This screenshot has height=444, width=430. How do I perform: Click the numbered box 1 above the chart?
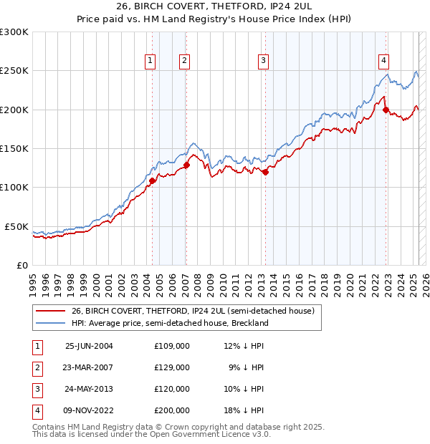point(150,61)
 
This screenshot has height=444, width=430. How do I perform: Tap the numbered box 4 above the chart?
point(384,61)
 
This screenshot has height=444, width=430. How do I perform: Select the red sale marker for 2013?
point(265,172)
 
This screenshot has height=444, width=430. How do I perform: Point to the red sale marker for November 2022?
point(386,110)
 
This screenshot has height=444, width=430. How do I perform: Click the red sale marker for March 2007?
point(186,165)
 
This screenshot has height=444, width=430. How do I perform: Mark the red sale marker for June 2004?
point(152,180)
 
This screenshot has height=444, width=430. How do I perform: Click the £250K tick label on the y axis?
point(14,71)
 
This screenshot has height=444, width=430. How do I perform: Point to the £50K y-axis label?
point(17,226)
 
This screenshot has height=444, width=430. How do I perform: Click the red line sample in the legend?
point(50,312)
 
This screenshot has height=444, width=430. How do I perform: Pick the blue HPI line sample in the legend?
point(50,323)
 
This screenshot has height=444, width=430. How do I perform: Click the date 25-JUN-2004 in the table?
point(89,346)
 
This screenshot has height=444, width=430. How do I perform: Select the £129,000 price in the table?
point(172,367)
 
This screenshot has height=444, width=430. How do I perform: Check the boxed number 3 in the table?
point(37,389)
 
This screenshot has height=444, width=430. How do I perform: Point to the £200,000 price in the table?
point(172,410)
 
